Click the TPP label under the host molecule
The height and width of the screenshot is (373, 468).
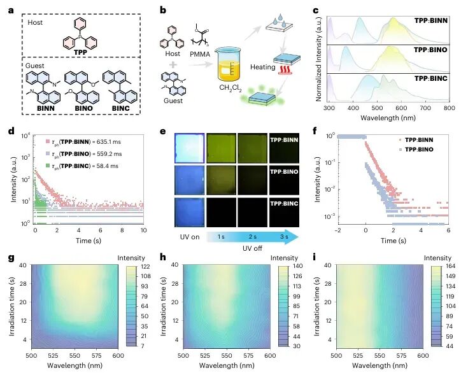[x=80, y=52]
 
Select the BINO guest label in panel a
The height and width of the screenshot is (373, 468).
[x=83, y=108]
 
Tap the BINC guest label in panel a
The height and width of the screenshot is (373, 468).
[x=120, y=108]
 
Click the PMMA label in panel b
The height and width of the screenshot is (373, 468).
[x=200, y=54]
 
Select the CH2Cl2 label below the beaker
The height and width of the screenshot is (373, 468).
[x=230, y=88]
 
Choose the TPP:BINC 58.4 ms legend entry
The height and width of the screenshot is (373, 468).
[x=82, y=166]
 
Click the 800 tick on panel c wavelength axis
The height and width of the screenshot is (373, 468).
[x=449, y=108]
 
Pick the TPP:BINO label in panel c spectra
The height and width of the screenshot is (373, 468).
[x=430, y=50]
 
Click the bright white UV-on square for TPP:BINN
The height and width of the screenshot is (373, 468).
[x=190, y=148]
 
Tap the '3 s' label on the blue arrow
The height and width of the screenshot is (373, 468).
[x=284, y=237]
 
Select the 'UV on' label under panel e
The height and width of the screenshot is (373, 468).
[x=190, y=237]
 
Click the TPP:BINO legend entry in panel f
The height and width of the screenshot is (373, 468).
[x=415, y=149]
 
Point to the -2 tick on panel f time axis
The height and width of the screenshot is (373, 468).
[x=337, y=230]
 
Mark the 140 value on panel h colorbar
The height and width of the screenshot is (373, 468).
[x=297, y=266]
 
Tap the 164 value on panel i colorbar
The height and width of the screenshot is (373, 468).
[x=451, y=266]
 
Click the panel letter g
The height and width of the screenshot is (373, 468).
[x=11, y=257]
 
